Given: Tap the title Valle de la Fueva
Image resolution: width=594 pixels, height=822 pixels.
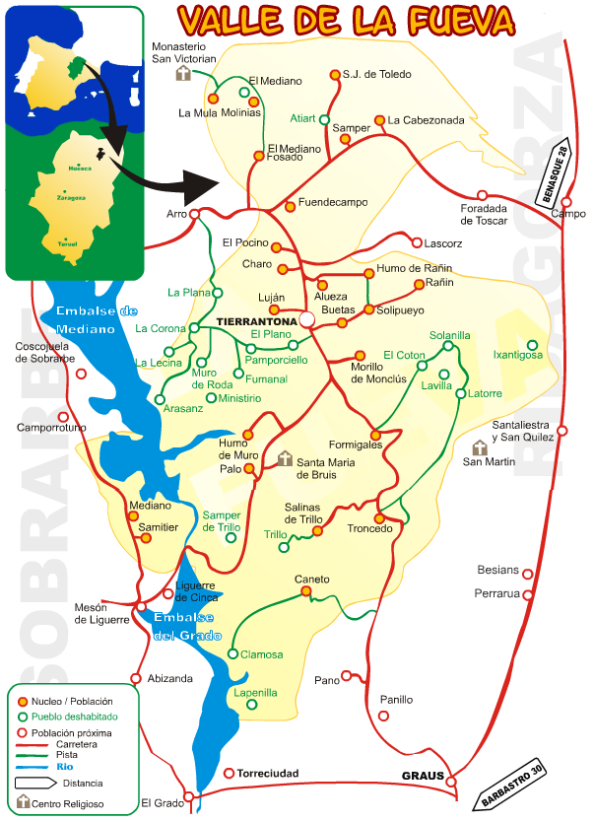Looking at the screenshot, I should point(347,19).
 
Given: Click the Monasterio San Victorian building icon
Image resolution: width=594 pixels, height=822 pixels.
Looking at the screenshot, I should point(182,75).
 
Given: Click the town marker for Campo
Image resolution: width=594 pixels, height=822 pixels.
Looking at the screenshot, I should point(563,201).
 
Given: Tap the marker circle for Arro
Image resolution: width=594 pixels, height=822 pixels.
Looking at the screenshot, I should point(195,214).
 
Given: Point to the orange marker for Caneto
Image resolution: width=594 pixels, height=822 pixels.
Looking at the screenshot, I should point(306,591).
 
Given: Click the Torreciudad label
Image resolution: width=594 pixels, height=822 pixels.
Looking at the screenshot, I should point(268,774).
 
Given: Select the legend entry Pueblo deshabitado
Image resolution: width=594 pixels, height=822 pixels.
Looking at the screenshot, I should point(74,717).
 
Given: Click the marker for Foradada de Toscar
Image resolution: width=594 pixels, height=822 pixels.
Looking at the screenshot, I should point(482,195).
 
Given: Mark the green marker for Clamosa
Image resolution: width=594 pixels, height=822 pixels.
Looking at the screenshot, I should point(233,653).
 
